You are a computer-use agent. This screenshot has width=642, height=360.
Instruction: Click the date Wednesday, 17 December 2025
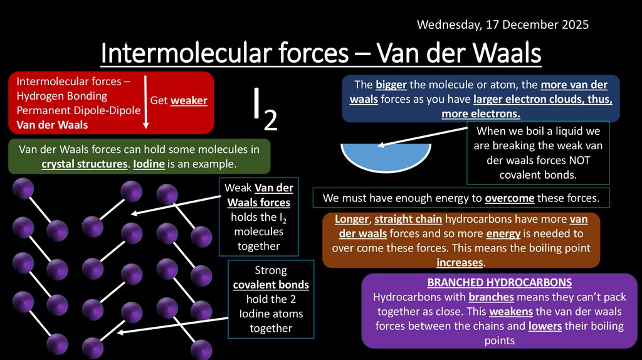503,25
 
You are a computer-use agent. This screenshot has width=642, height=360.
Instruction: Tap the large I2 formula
265,110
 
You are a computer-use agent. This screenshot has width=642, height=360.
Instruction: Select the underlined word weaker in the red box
189,100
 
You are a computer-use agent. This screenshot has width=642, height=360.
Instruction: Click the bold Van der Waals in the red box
52,125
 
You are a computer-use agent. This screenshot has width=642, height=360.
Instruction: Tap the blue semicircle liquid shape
382,157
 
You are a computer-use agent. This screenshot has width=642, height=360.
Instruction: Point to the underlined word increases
460,262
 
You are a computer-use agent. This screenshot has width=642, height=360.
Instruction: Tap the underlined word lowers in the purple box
544,326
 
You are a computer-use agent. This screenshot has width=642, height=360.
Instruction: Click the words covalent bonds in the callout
271,285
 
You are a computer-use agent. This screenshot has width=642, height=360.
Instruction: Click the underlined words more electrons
481,114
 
